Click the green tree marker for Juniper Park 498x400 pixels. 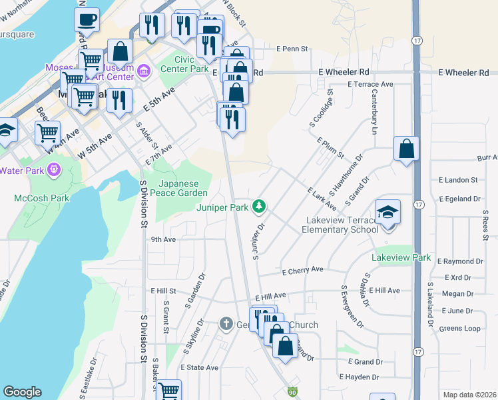point(259,207)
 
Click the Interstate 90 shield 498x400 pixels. point(292,393)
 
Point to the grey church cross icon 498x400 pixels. point(226,325)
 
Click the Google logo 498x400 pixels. point(22,392)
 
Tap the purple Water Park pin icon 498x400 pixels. point(54,170)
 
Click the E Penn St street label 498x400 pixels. point(293,49)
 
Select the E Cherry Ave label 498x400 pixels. point(302,270)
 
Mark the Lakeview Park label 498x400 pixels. point(401,257)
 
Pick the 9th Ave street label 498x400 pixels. point(163,239)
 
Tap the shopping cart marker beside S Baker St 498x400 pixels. point(168,391)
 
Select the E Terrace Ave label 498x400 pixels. point(370,85)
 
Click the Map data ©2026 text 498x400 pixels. point(469,395)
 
